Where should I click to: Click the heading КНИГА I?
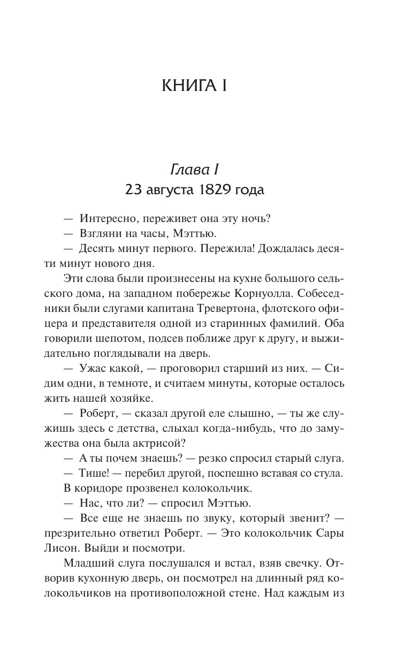click(195, 86)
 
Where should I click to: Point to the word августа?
click(172, 189)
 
